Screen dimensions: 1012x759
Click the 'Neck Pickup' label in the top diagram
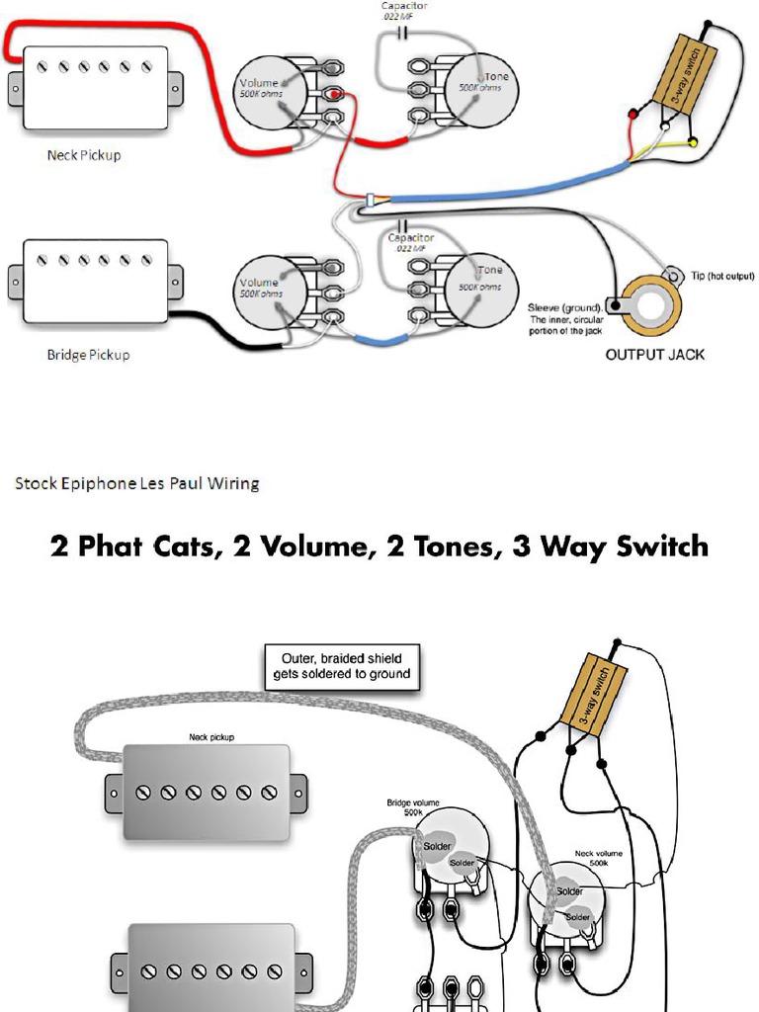tap(84, 155)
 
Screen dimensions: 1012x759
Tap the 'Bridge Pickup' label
tap(88, 354)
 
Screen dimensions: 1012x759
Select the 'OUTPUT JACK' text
tap(654, 354)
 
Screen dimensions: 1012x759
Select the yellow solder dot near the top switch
tap(693, 144)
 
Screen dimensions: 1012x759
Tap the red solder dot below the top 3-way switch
tap(634, 117)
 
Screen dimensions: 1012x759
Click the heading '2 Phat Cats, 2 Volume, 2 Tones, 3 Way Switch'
tap(379, 546)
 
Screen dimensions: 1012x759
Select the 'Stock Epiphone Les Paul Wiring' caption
tap(136, 483)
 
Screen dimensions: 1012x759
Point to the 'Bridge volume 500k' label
tap(412, 806)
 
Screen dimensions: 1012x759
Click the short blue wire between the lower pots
tap(380, 340)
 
